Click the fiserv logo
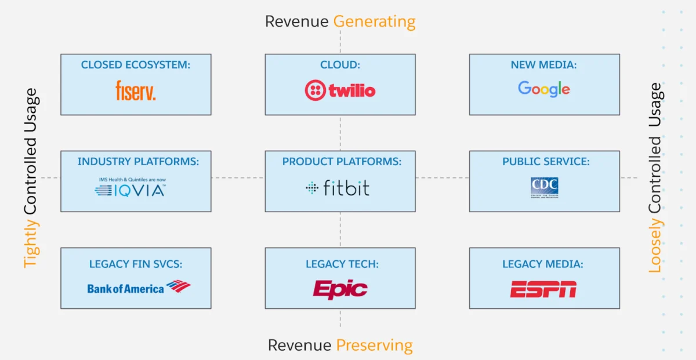pos(136,91)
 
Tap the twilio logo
pos(340,90)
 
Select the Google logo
pos(544,89)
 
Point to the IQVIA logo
pos(130,189)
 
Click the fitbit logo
pos(338,187)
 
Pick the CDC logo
pos(544,187)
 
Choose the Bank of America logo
pos(139,287)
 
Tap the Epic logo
pos(340,289)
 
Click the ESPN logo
pos(543,289)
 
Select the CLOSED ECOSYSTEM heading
pos(136,65)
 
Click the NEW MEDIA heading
pos(544,65)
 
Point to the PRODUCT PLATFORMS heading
pos(342,162)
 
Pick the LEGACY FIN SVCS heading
pos(136,264)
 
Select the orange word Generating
pos(374,22)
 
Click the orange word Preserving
pos(374,346)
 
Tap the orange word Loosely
pos(655,246)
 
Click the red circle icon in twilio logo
pos(315,90)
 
